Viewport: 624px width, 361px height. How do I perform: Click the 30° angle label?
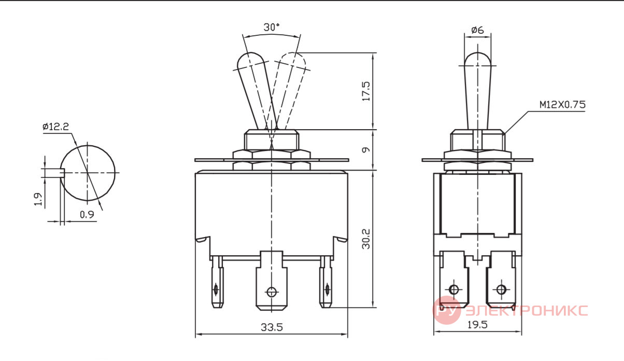272,27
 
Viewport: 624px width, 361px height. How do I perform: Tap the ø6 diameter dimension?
477,30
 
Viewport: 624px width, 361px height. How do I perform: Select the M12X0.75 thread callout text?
562,105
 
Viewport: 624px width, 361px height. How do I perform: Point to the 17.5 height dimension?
366,91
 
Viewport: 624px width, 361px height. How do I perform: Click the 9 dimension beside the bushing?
366,150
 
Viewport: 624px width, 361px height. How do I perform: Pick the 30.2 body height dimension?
366,239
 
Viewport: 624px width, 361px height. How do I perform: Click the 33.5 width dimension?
272,327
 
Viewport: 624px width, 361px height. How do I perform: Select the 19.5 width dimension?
477,325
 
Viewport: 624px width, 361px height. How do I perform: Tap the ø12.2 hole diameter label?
55,127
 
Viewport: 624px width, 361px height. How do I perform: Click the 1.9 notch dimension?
38,199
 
